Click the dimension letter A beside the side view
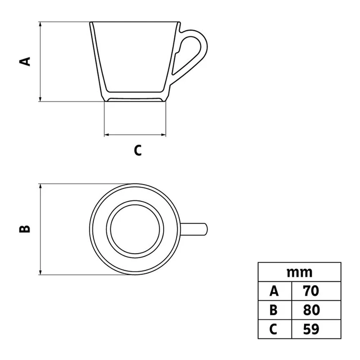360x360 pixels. (25, 62)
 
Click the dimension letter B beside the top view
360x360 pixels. (24, 229)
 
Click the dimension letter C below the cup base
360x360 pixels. (138, 150)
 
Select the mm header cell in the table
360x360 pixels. (300, 272)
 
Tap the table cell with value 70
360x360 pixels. (316, 291)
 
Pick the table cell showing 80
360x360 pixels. (316, 310)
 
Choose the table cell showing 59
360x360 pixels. (316, 329)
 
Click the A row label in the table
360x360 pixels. (275, 291)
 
